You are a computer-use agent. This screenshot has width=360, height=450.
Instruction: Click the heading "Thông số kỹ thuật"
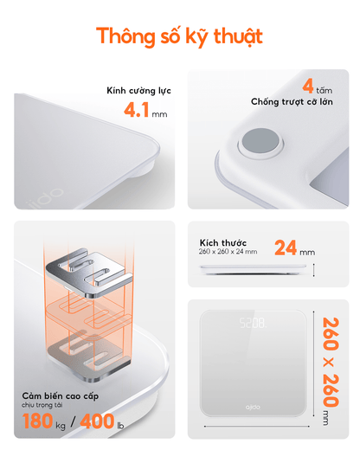179,36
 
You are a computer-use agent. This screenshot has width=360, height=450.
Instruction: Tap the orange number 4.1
137,110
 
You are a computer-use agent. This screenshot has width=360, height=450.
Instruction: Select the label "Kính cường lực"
138,91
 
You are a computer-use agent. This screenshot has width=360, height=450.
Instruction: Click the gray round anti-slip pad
260,142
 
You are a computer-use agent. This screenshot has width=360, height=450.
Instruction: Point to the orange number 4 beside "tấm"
308,86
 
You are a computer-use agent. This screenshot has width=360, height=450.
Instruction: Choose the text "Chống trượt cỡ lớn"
292,102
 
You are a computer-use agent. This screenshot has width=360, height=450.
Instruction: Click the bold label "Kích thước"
222,242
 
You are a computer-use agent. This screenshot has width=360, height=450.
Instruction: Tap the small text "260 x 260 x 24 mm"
228,252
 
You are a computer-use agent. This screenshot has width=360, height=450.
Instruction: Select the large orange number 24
286,247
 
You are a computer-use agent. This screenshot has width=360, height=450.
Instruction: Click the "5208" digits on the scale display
253,323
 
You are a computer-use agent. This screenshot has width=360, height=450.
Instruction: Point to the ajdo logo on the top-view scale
253,407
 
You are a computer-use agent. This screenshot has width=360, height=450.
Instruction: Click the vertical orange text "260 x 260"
331,362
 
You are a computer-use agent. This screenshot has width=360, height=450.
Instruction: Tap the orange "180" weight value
38,421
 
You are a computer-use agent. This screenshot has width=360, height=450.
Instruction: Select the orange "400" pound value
97,421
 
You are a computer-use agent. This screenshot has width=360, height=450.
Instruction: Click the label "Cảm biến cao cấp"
61,396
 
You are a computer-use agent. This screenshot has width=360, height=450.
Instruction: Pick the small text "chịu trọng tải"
42,405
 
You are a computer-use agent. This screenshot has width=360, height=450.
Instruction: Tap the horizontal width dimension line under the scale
257,426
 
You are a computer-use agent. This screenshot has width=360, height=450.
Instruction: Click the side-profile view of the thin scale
253,269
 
